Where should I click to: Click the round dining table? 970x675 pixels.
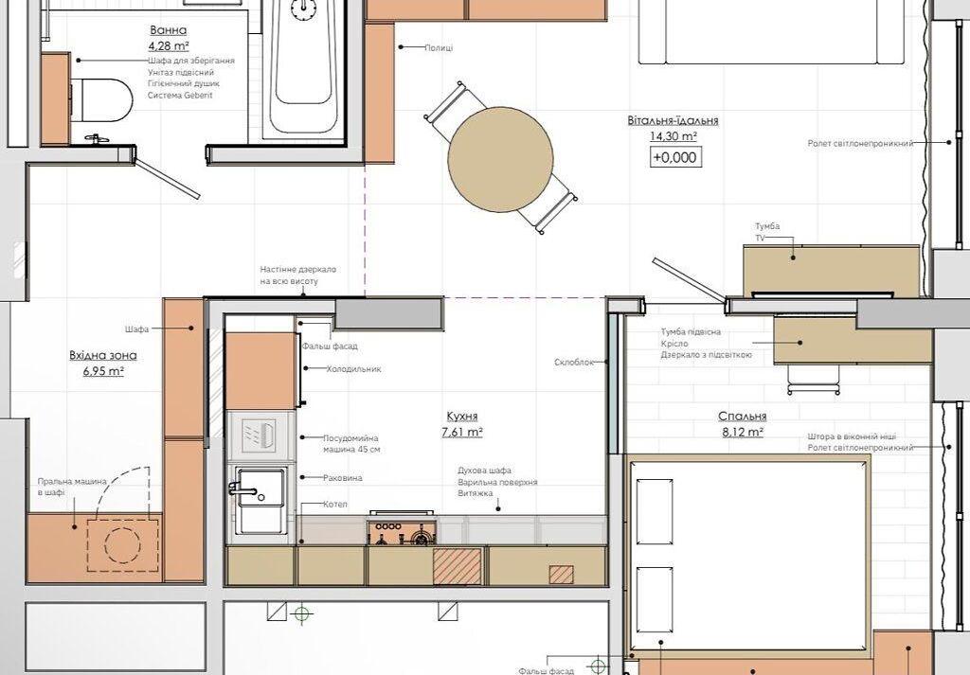coord(500,159)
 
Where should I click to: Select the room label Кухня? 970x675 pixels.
coord(462,417)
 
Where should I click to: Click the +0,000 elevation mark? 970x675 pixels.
coord(674,157)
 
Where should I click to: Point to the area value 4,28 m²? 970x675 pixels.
coord(169,45)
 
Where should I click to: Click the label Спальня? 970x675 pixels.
coord(743,417)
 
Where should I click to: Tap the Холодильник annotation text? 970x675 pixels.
coord(354,369)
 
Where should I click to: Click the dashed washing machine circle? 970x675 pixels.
coord(122,545)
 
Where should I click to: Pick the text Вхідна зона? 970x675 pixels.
coord(102,355)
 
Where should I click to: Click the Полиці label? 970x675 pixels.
coord(440,47)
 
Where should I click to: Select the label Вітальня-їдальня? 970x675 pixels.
coord(674,120)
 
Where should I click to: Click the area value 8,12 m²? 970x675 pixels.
coord(743,433)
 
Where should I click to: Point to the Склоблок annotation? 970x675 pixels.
coord(573,363)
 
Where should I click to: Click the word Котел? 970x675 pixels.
coord(334,505)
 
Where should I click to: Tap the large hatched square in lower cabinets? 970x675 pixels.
coord(458,566)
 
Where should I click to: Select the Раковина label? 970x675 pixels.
coord(343,478)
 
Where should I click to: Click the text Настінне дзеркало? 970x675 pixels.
coord(297,270)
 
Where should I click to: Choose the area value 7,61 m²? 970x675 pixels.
coord(462,432)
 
